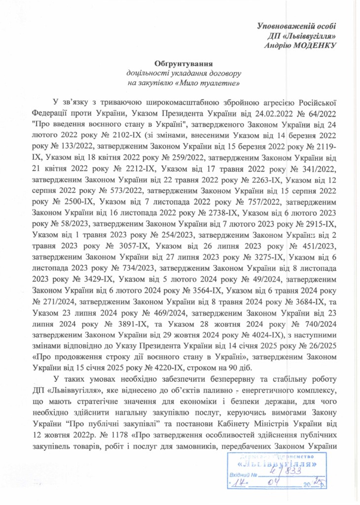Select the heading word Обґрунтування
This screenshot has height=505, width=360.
pyautogui.click(x=178, y=64)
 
